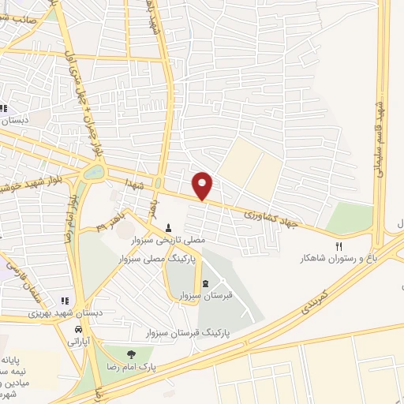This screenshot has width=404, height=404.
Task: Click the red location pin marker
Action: tap(204, 185)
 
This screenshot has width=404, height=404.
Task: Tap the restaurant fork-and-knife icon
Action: tap(340, 245)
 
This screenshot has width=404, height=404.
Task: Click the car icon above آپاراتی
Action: tap(78, 329)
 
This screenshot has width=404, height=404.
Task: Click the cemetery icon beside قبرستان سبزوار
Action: tap(205, 284)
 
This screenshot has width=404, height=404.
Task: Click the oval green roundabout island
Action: tap(94, 172)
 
